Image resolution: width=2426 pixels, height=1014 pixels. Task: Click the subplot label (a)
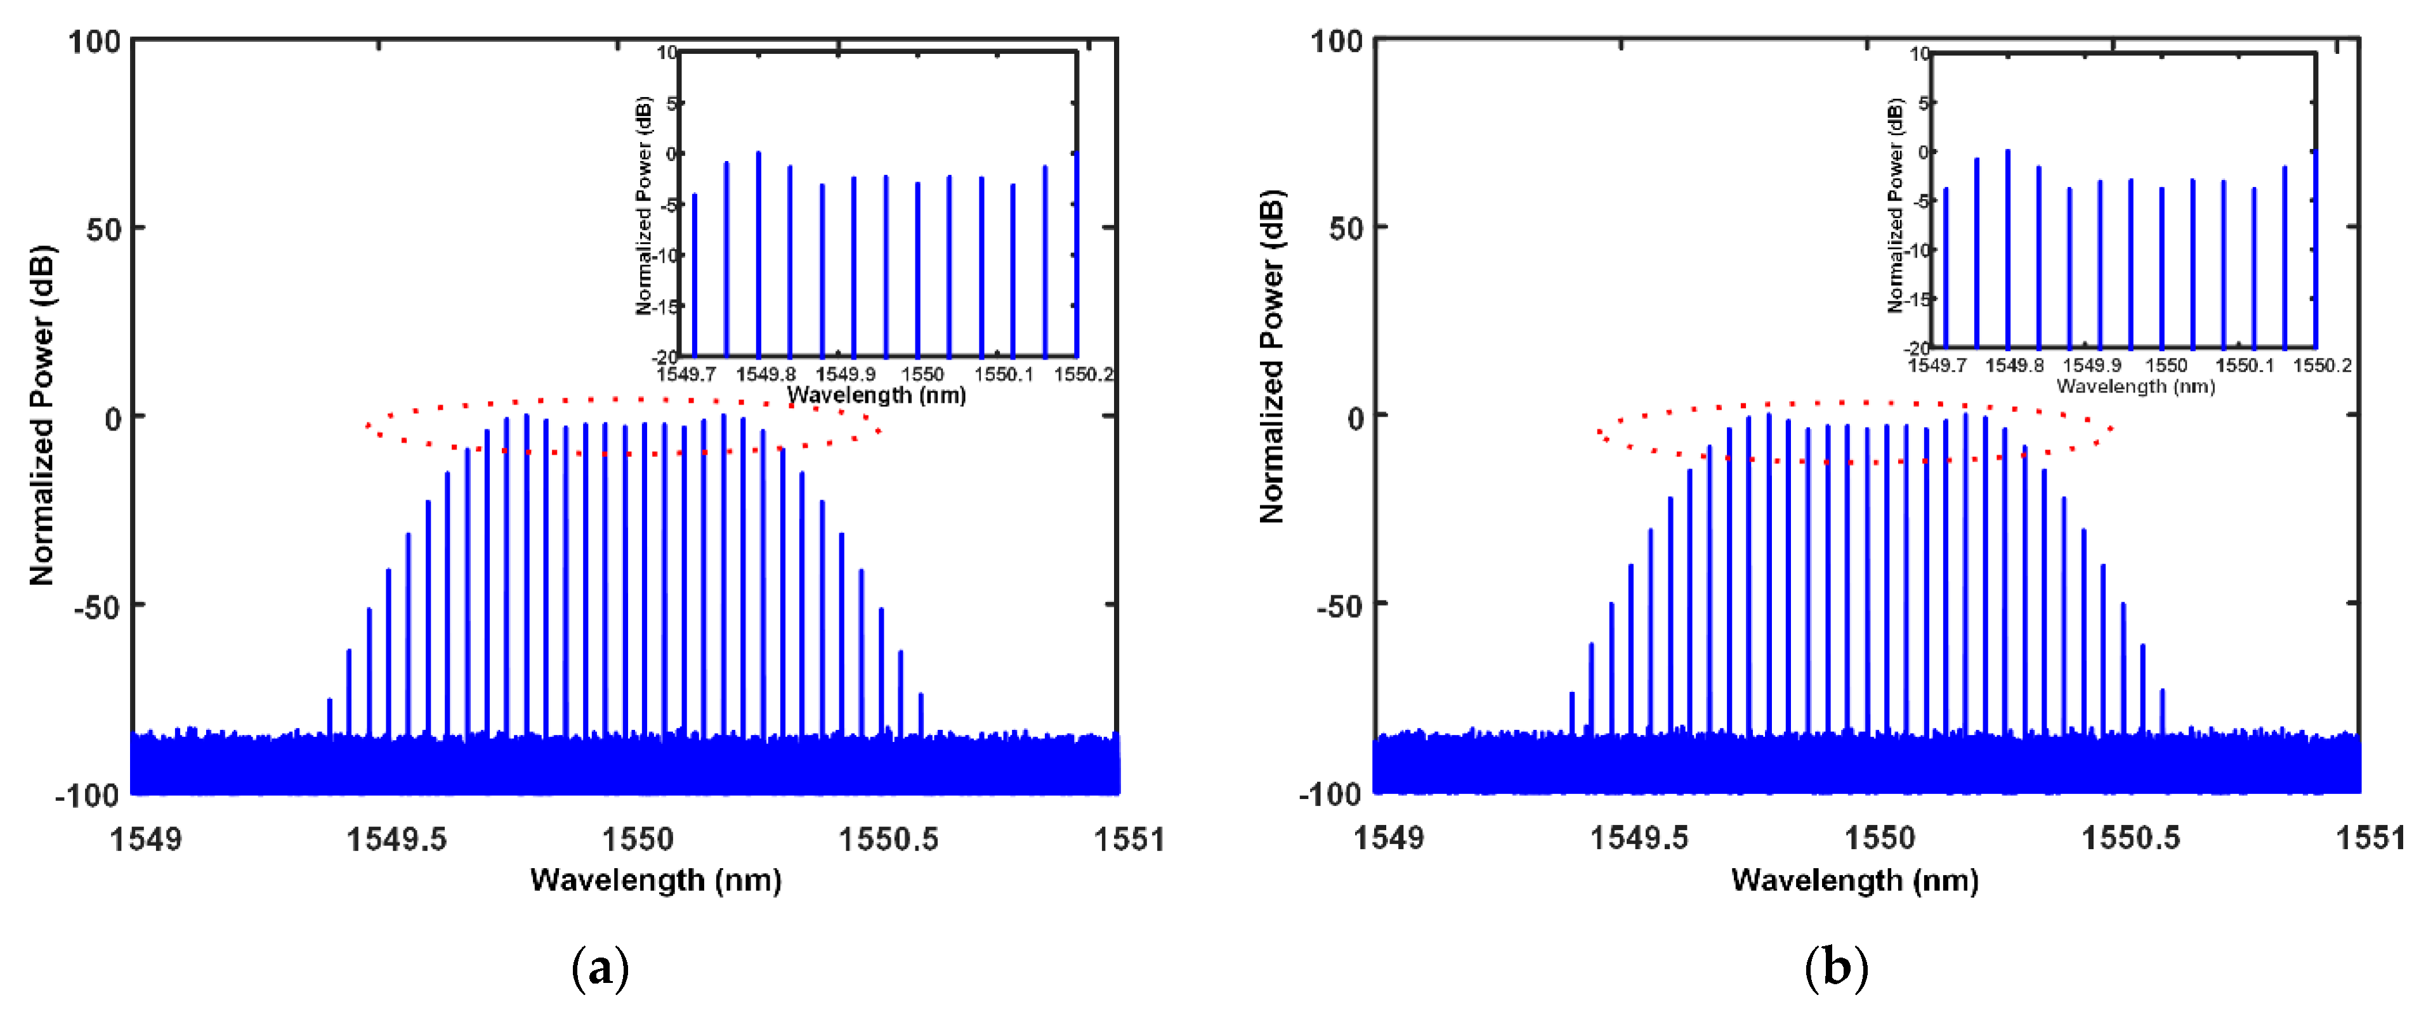600,969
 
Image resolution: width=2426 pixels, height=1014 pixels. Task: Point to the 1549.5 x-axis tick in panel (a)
397,838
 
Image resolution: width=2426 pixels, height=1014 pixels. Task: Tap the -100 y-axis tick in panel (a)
88,796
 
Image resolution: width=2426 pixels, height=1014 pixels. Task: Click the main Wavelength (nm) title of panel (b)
1854,880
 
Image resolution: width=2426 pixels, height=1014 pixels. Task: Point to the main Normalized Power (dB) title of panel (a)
43,415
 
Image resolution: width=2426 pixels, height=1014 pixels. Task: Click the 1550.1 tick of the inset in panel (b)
2244,365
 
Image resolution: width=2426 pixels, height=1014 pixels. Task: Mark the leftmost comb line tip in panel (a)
330,699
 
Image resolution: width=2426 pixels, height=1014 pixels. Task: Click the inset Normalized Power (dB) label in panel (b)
1895,205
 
